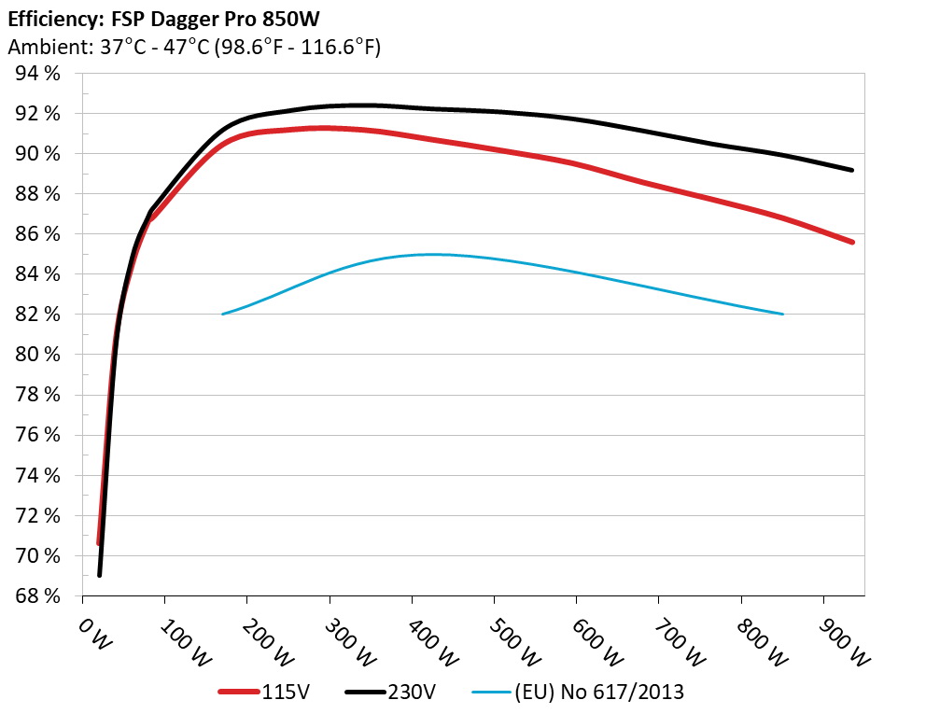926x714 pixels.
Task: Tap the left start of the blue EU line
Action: pos(222,314)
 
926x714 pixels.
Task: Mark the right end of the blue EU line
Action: pos(782,314)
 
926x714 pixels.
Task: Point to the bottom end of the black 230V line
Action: pos(99,575)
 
